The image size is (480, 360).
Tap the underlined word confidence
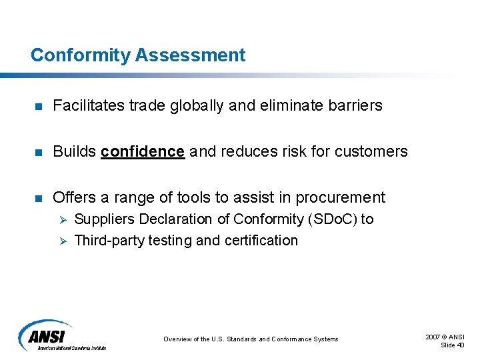(142, 151)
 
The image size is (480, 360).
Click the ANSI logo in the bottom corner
(60, 335)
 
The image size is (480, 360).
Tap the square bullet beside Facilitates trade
(39, 106)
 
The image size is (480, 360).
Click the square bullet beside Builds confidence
(39, 152)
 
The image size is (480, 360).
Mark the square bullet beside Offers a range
(39, 198)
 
